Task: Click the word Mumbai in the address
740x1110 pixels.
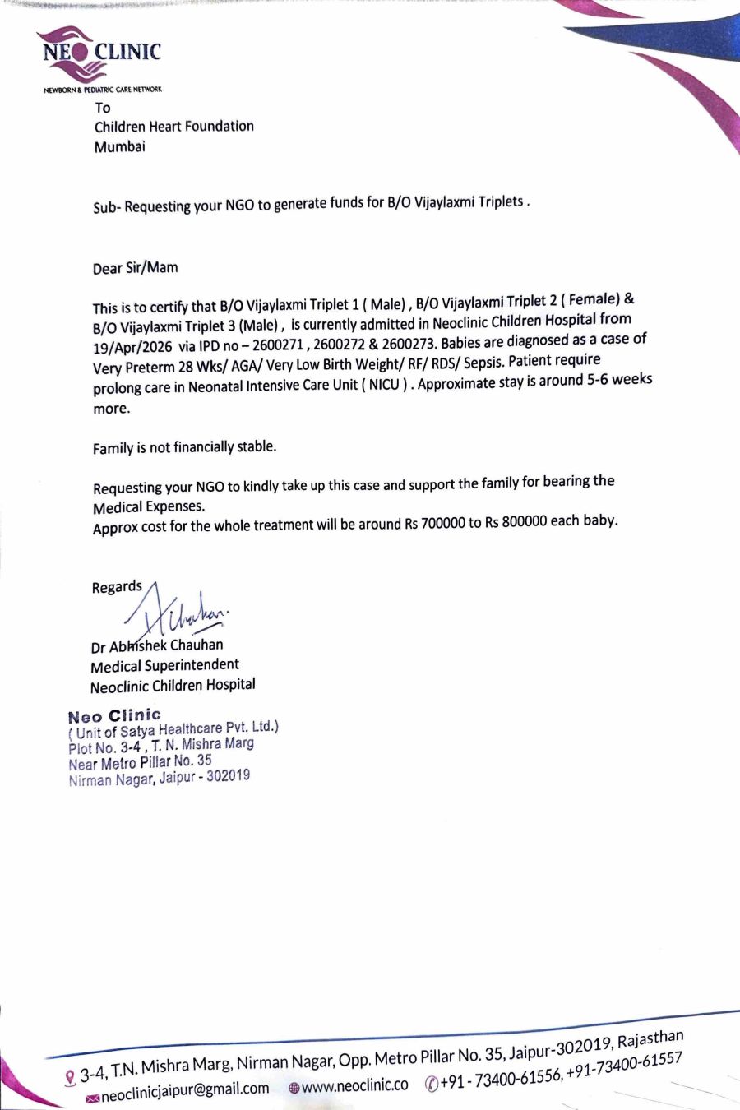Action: click(x=119, y=147)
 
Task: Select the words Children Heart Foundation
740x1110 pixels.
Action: click(x=174, y=127)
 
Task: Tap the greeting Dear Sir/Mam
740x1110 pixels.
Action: click(x=135, y=268)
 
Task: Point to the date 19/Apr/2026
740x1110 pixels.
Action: click(x=132, y=347)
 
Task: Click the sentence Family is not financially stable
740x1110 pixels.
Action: click(x=184, y=448)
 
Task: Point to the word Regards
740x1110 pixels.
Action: click(x=117, y=587)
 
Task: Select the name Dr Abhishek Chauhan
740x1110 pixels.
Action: click(x=157, y=645)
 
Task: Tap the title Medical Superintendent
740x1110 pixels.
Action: click(x=164, y=665)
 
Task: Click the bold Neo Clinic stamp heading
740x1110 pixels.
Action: click(x=114, y=715)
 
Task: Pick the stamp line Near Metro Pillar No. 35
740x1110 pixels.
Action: click(x=140, y=762)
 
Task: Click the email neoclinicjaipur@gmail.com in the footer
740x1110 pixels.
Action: click(x=185, y=1089)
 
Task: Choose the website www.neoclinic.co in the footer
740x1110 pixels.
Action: click(x=354, y=1086)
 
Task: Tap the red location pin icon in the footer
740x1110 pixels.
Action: click(x=70, y=1076)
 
